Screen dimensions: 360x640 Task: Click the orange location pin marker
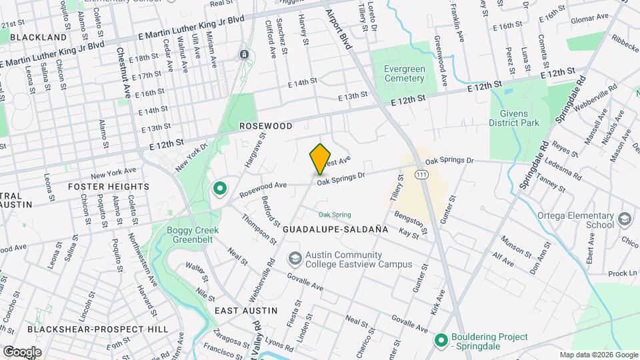321,158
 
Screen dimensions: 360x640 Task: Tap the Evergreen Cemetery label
404,73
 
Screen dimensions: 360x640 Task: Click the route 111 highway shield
421,174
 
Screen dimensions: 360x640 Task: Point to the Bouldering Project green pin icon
440,341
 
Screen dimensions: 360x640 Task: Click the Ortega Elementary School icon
625,219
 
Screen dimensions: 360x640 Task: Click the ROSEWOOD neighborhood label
266,125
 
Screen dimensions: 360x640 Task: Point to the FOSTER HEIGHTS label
109,187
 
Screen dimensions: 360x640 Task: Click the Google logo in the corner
21,351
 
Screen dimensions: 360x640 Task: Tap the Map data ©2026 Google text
598,355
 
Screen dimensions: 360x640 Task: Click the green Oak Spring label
334,215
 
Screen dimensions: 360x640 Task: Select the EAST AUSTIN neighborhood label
246,311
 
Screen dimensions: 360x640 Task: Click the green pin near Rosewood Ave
219,189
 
